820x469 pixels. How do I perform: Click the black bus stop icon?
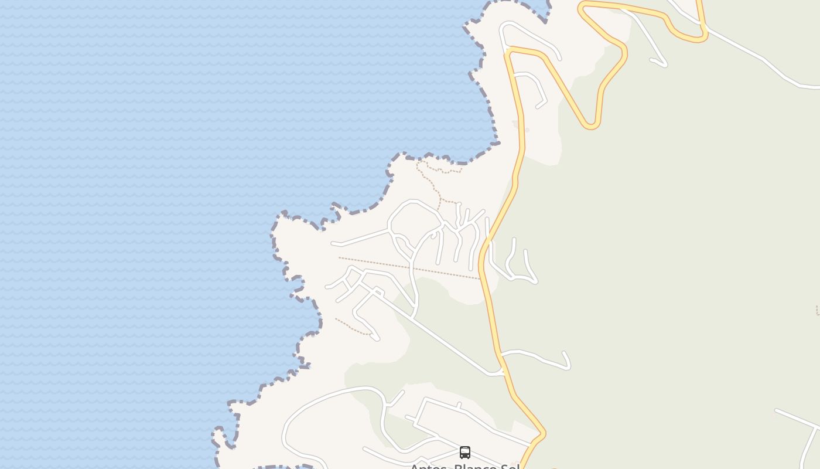[465, 452]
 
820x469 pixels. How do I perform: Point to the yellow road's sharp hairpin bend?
[590, 125]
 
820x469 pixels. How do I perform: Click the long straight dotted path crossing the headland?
[410, 268]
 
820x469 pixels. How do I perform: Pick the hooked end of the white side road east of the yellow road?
[566, 358]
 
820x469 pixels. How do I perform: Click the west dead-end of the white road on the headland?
[333, 243]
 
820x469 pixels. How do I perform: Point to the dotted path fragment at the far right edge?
[818, 310]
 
